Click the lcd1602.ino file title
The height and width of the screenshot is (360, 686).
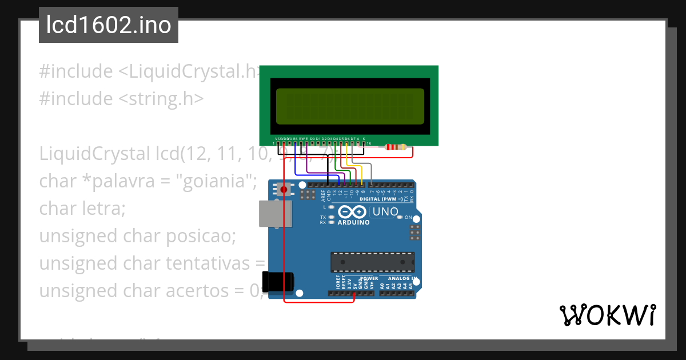[x=109, y=26]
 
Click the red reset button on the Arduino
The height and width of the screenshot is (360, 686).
[x=284, y=189]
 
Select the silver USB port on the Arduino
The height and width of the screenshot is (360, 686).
[x=274, y=213]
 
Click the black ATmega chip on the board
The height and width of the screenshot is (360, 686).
[x=372, y=262]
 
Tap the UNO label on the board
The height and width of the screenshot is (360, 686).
[x=385, y=212]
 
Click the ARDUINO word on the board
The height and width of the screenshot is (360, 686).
[x=353, y=222]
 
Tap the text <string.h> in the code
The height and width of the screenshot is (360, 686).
[x=161, y=99]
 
